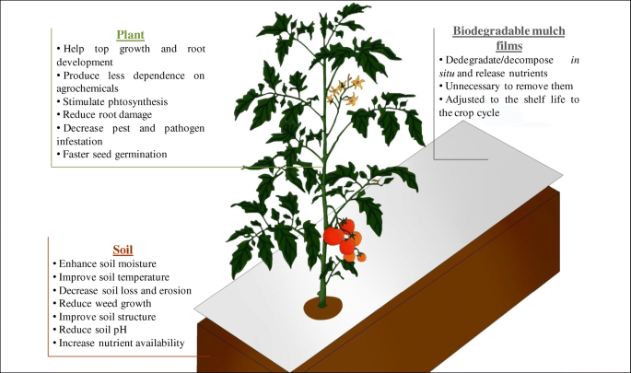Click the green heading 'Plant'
coord(130,35)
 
